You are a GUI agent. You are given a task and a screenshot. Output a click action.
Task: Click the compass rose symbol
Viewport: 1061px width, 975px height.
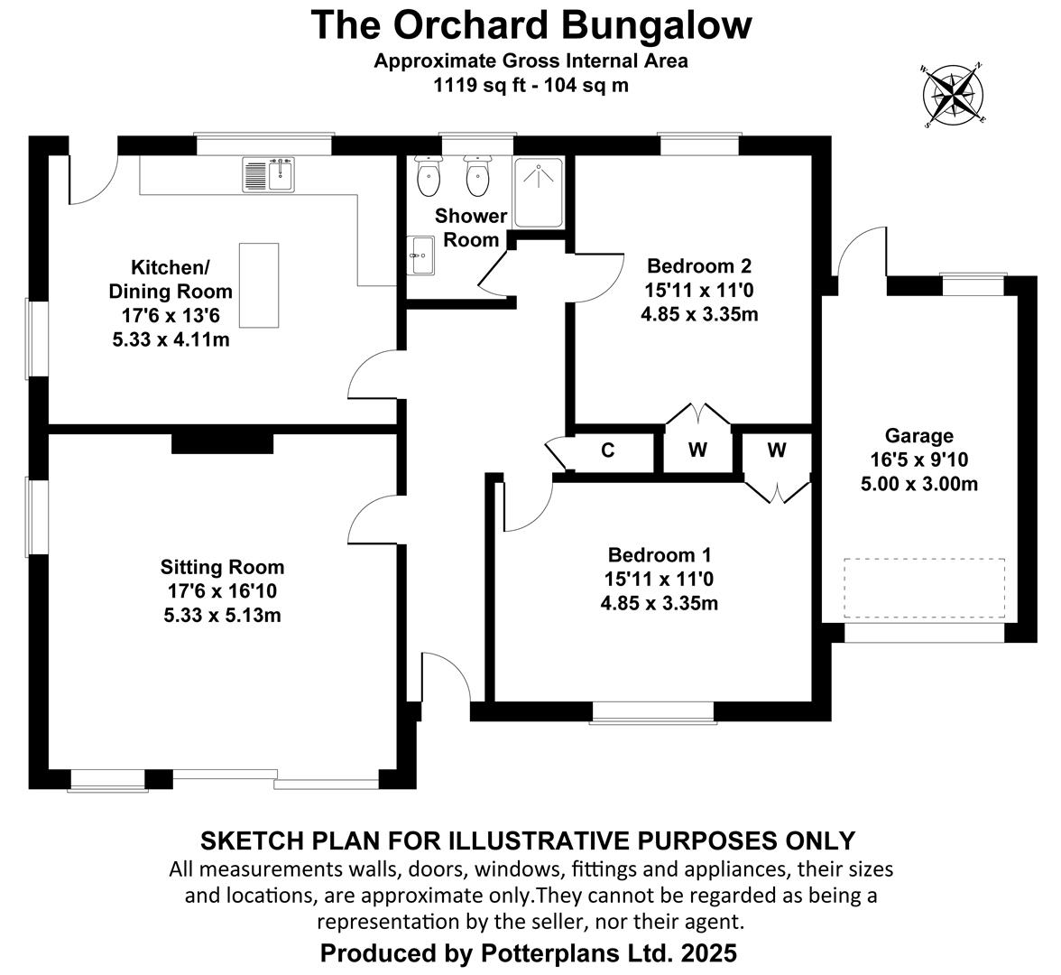click(x=953, y=96)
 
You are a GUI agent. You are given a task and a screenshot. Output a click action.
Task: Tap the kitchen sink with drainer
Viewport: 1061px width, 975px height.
click(x=269, y=174)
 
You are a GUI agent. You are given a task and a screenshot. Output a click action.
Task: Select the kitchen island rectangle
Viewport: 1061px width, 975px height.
click(x=259, y=285)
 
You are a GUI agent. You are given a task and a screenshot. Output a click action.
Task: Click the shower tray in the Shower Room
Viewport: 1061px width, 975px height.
click(x=539, y=192)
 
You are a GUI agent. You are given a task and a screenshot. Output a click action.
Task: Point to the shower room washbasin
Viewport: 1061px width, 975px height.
click(x=420, y=255)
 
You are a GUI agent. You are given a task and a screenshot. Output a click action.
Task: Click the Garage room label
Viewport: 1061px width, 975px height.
click(x=918, y=435)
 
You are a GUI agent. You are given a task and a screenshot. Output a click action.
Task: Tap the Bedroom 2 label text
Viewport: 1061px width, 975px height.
click(x=699, y=265)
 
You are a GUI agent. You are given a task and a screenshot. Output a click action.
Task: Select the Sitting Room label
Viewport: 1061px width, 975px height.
click(x=222, y=567)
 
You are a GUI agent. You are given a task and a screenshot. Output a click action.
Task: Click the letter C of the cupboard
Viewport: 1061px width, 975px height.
click(x=608, y=450)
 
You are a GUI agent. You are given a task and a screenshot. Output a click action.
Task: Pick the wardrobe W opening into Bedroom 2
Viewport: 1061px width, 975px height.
click(x=697, y=450)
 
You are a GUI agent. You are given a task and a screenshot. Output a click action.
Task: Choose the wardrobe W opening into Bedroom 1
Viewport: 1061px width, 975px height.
click(x=777, y=450)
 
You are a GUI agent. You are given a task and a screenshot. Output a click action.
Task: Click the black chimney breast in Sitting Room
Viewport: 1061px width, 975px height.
click(x=223, y=443)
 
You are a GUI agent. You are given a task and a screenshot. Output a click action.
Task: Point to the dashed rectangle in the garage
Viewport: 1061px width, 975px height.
click(x=924, y=589)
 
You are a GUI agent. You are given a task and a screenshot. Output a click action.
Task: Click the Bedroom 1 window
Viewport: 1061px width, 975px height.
click(x=653, y=712)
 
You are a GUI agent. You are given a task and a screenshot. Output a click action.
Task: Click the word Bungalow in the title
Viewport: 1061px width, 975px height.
click(x=657, y=25)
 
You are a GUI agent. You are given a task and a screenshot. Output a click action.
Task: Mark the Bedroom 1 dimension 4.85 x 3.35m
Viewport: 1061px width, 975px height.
click(x=659, y=603)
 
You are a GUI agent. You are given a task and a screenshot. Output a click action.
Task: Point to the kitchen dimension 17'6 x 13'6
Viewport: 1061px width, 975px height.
click(x=171, y=316)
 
